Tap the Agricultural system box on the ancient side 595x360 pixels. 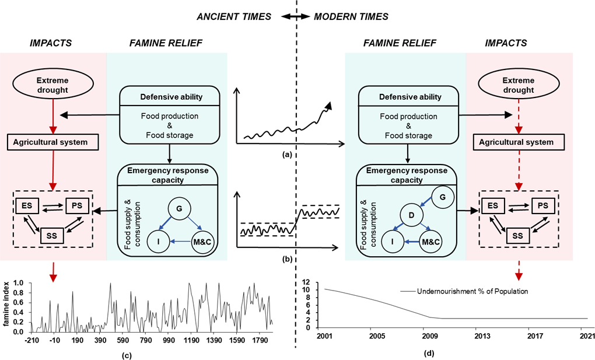(x=53, y=141)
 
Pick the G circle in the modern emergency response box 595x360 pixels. (x=442, y=197)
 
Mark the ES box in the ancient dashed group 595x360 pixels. (x=25, y=206)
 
